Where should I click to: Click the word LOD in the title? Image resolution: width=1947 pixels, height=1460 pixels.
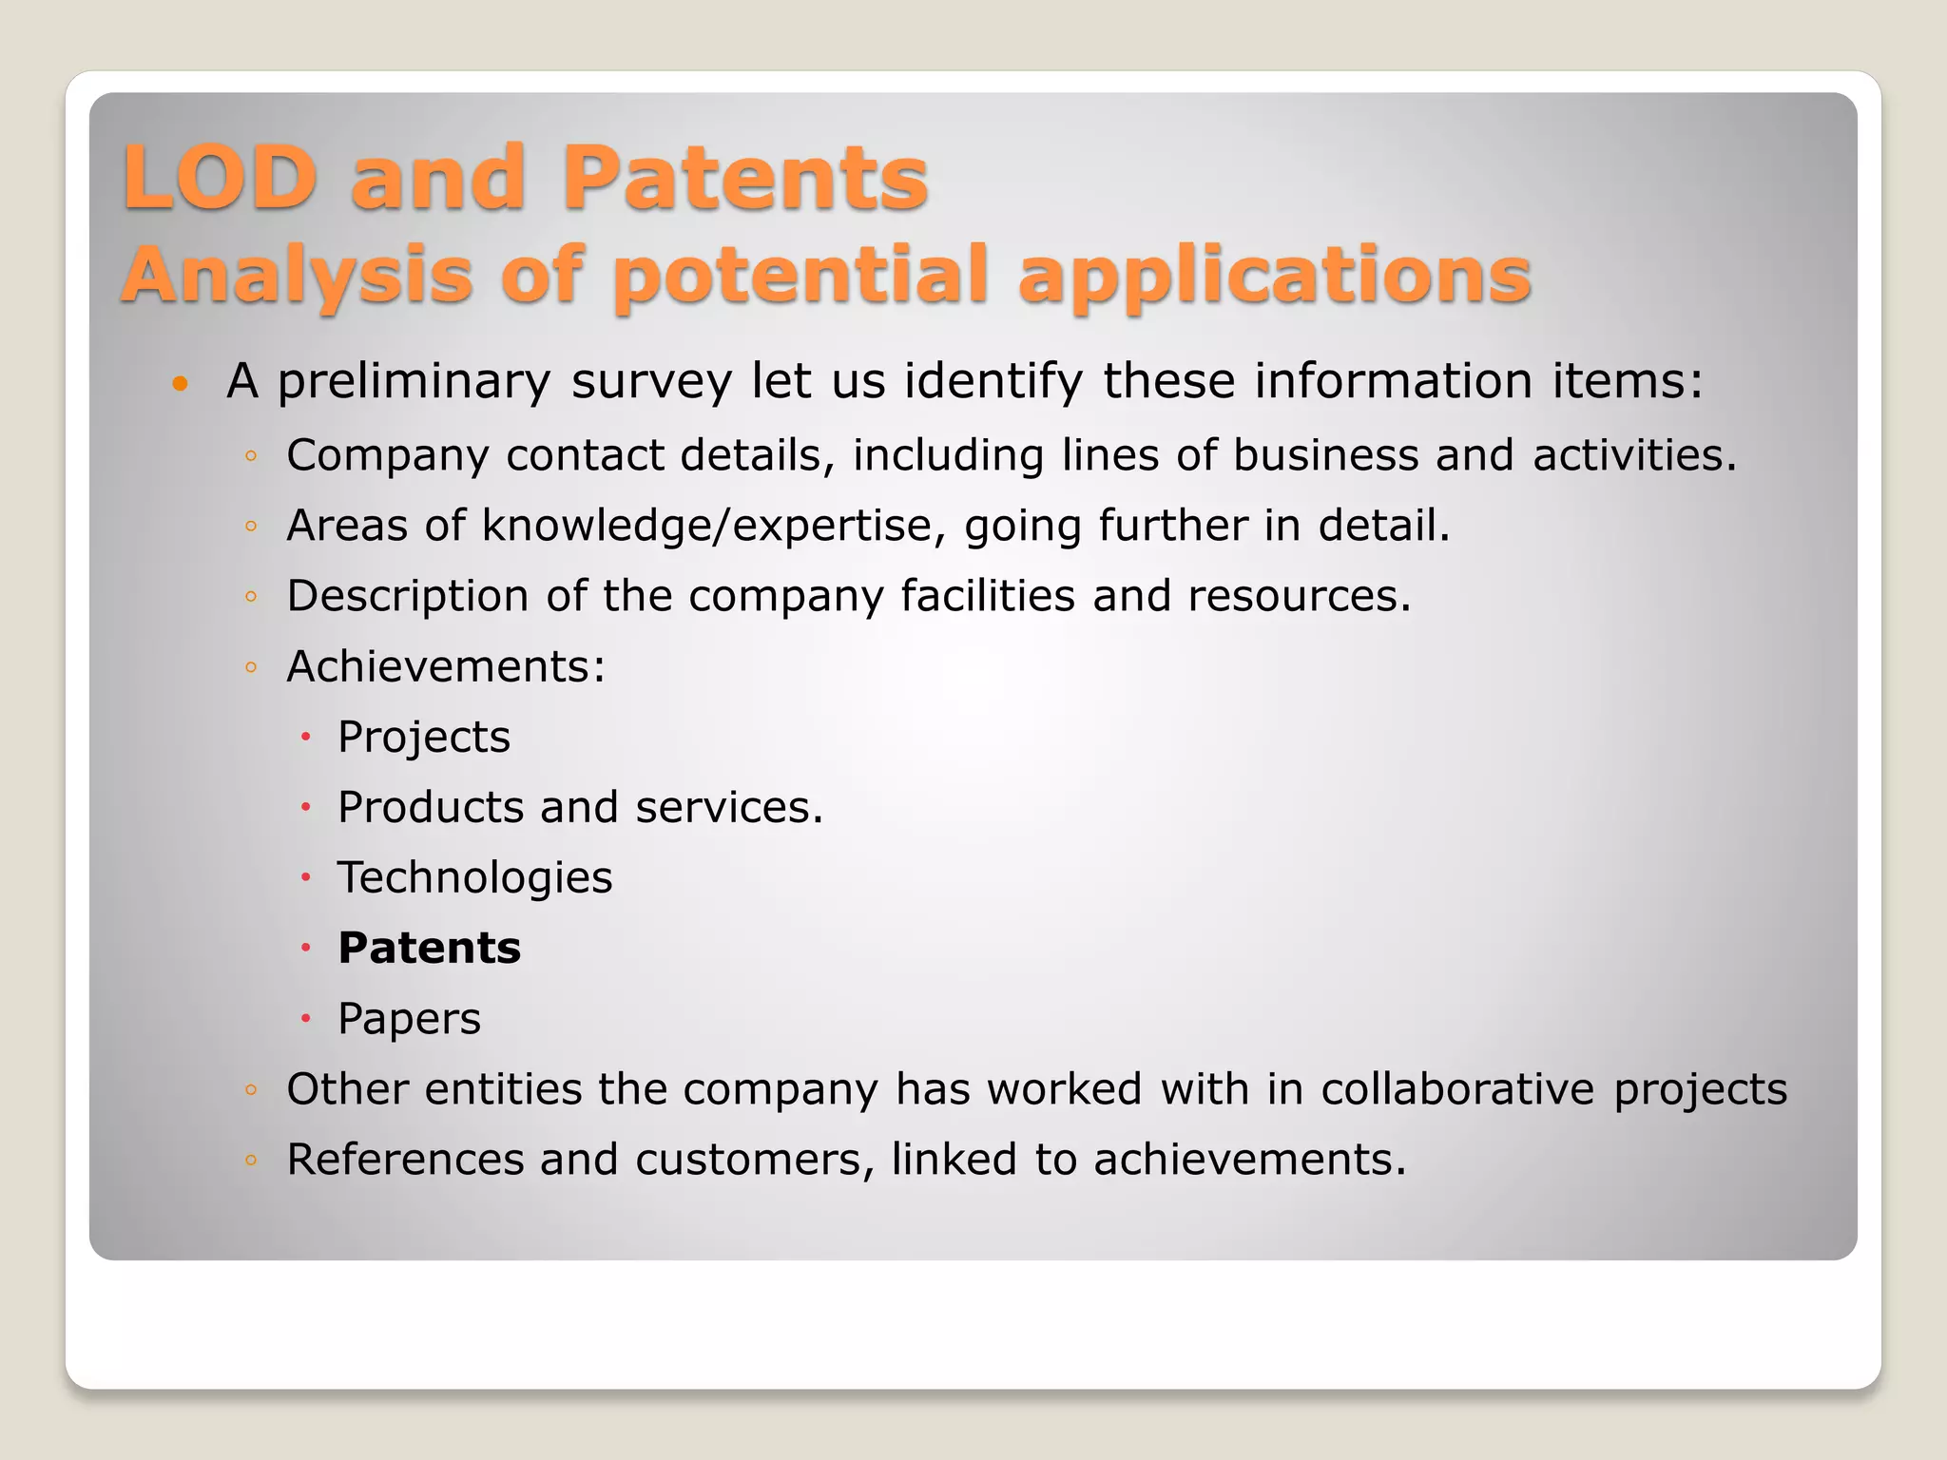tap(220, 178)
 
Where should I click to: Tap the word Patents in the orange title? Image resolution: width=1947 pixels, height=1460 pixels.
tap(744, 178)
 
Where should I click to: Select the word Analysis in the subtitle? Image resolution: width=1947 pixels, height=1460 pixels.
tap(297, 276)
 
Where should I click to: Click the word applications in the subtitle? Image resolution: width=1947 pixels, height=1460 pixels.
tap(1274, 276)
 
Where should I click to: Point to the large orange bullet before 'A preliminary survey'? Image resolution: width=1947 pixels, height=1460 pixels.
tap(180, 385)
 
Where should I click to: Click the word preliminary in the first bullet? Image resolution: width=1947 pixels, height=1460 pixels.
tap(414, 382)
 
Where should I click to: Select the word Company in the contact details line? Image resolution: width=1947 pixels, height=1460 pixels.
tap(388, 456)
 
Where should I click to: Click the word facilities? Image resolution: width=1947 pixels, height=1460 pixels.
tap(988, 597)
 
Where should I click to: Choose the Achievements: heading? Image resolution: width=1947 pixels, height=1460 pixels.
tap(446, 666)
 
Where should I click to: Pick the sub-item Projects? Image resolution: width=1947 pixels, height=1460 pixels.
tap(424, 738)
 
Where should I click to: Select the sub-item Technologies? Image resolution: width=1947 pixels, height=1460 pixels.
tap(475, 878)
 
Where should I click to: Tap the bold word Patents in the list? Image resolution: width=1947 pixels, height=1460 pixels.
tap(430, 949)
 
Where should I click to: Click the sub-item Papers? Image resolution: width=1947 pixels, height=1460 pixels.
tap(410, 1019)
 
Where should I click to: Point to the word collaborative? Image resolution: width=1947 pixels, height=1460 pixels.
tap(1457, 1089)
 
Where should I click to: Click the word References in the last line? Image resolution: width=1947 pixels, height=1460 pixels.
tap(405, 1160)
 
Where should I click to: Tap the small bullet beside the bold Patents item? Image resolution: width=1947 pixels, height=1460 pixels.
tap(306, 948)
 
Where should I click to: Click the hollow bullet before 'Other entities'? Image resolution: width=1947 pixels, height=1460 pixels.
tap(251, 1089)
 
